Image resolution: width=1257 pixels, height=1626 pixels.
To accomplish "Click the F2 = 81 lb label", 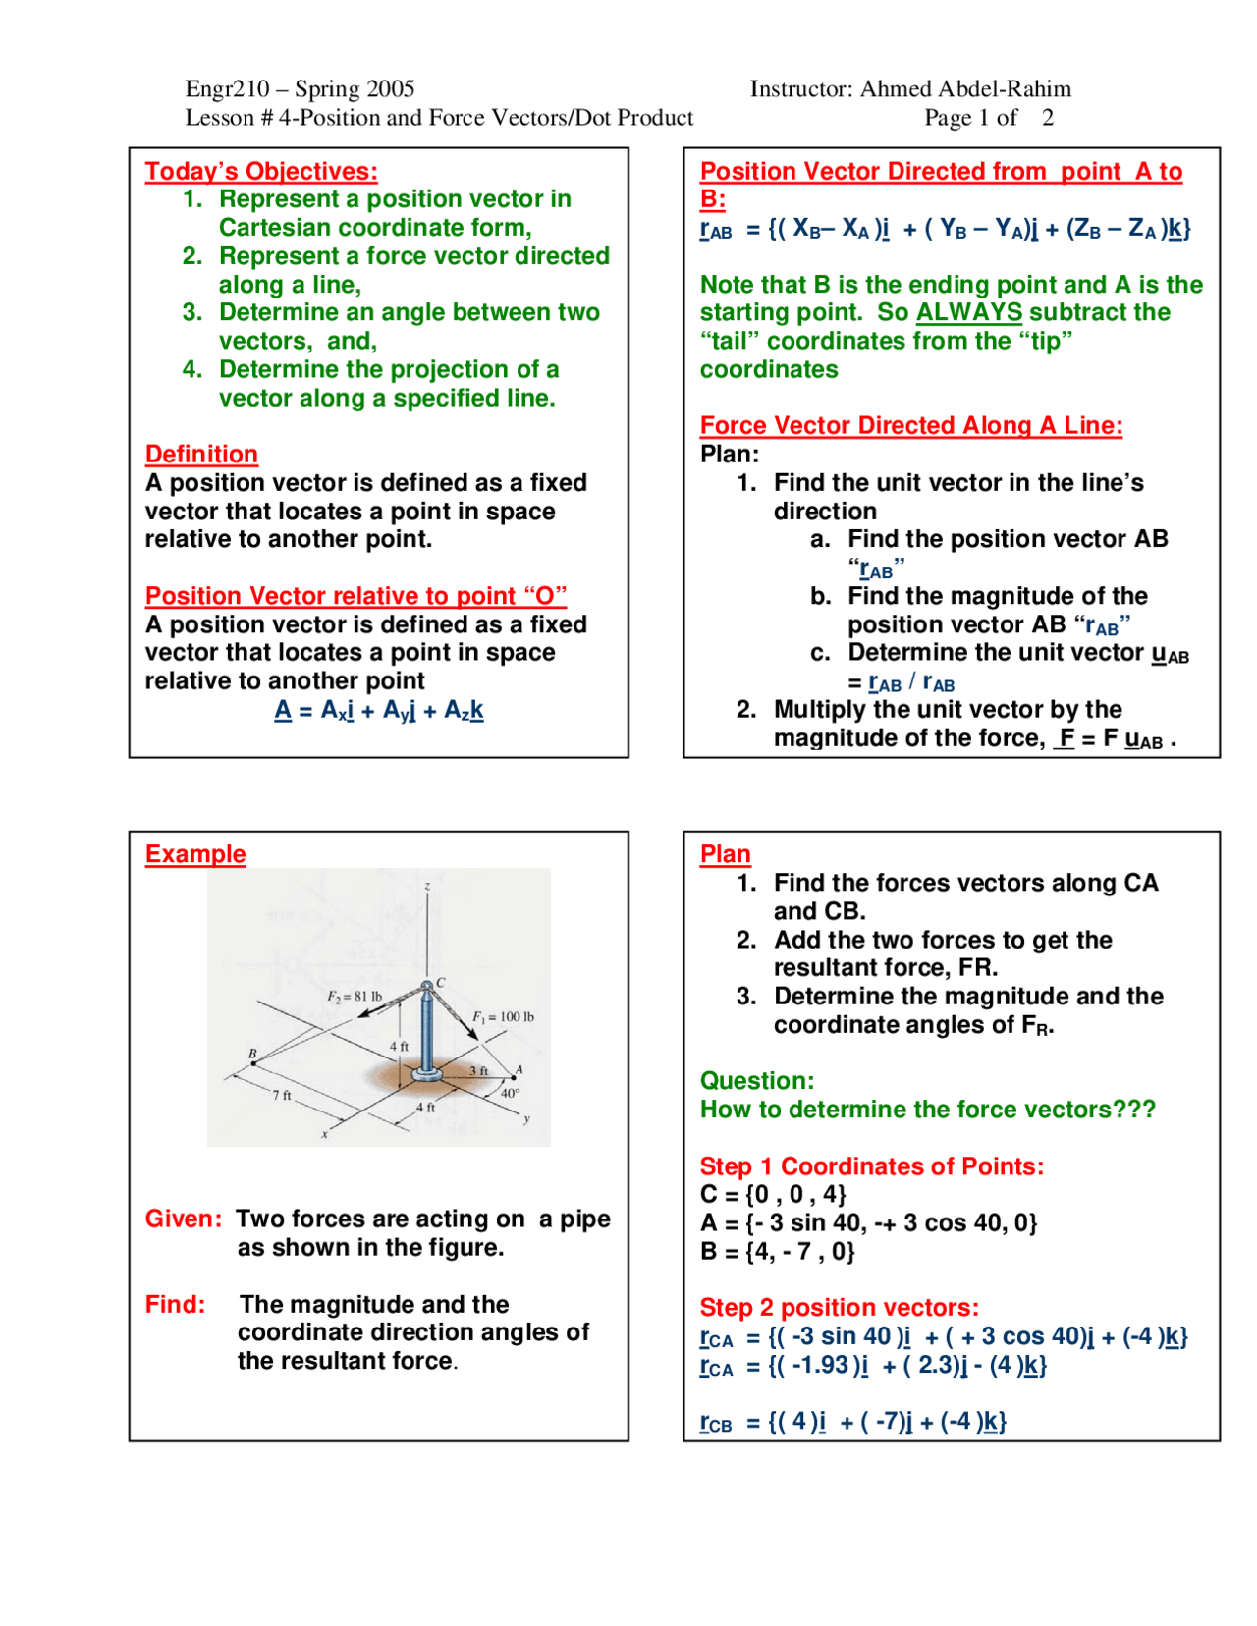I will pos(355,996).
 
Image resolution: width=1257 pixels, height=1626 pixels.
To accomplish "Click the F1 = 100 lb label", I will pos(503,1016).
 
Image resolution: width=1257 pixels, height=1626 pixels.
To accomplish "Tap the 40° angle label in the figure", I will pos(510,1092).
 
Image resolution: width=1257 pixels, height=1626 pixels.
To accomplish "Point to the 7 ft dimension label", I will pos(282,1095).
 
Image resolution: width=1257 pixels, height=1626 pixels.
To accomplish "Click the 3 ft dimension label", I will pos(478,1070).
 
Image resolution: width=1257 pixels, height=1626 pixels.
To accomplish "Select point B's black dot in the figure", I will pos(253,1063).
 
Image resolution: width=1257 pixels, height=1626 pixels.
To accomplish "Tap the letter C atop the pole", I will pos(440,982).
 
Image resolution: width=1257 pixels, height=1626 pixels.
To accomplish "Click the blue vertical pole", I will pos(426,1031).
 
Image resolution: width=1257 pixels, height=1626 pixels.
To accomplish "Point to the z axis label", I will pos(427,886).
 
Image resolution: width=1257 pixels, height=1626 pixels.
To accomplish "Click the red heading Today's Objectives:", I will pos(261,171).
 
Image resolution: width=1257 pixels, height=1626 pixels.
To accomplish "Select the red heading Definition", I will pos(201,454).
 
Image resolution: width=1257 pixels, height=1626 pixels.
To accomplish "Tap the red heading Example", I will pos(195,853).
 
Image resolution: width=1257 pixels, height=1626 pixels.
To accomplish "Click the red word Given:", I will pos(184,1219).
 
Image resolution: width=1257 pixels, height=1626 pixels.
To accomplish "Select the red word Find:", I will pos(175,1304).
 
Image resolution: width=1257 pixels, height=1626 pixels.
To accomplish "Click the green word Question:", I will pos(756,1080).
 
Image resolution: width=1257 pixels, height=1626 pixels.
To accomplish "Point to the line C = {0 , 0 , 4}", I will pos(772,1194).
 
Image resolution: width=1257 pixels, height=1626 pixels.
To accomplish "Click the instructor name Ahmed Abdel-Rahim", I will pos(964,88).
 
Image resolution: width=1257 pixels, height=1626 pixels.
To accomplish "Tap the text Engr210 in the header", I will pos(227,88).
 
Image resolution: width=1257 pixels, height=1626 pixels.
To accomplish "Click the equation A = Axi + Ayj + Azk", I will pos(378,710).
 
